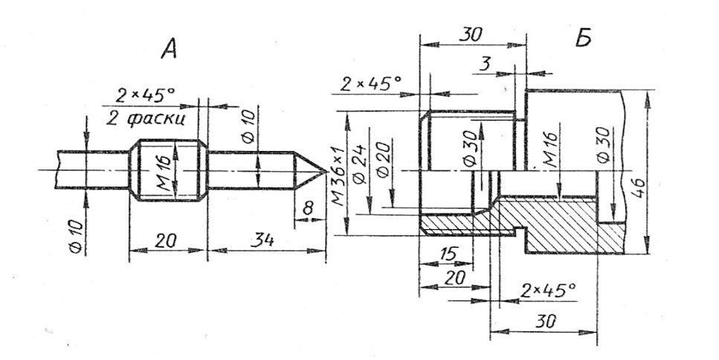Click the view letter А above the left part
pos(169,48)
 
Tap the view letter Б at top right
pos(583,39)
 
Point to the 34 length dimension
pos(265,240)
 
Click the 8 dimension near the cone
pos(308,209)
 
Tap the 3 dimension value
pos(484,65)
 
